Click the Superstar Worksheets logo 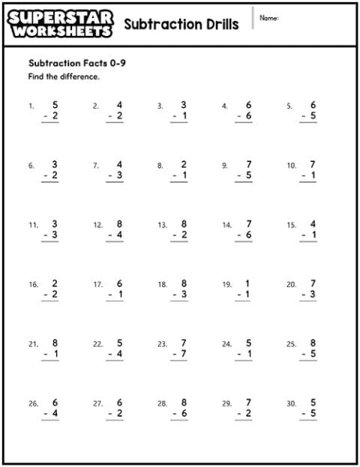coord(61,23)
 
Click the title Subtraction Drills coord(181,24)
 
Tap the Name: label coord(268,17)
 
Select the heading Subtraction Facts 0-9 coord(76,63)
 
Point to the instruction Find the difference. coord(64,76)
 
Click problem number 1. coord(31,106)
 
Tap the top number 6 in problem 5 coord(313,106)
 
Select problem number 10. coord(292,166)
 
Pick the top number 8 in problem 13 coord(183,224)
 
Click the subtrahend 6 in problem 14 coord(248,235)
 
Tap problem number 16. coord(33,285)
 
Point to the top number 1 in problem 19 coord(248,283)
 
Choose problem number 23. coord(162,344)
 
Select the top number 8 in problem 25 coord(313,343)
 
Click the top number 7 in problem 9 coord(248,164)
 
